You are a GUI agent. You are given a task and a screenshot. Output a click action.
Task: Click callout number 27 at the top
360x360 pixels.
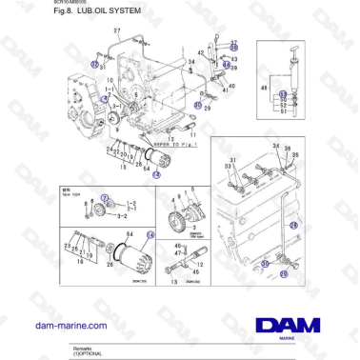[x=116, y=32]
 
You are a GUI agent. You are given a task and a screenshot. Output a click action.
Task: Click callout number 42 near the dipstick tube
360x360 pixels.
[x=201, y=53]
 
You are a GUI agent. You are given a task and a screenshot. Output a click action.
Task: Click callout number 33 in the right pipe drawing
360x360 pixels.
[x=228, y=166]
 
